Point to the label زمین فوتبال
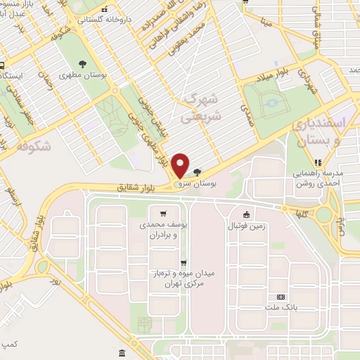245,226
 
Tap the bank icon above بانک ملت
282,297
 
